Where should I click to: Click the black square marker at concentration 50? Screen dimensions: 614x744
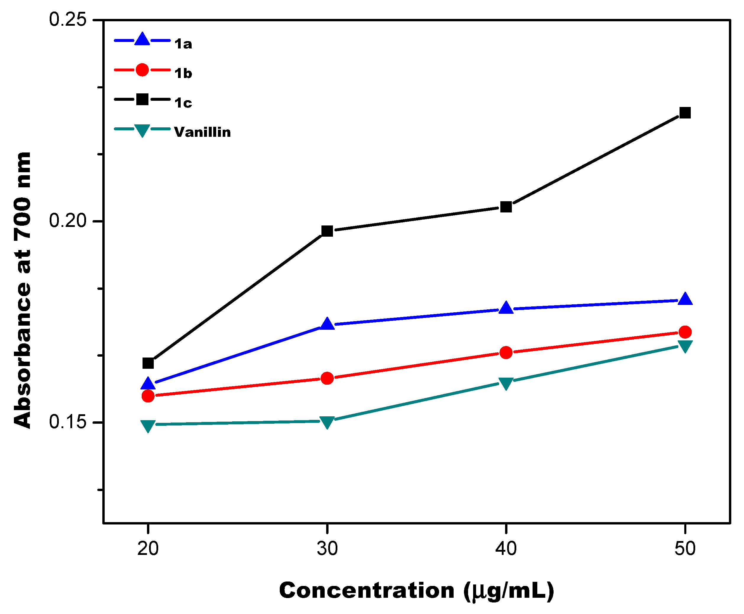[x=685, y=113]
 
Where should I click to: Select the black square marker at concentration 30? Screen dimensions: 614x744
[x=327, y=231]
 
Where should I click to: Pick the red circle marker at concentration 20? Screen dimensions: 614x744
[x=148, y=396]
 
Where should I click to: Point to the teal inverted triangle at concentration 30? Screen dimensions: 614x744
[x=327, y=422]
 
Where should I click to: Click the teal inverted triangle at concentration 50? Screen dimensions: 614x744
[x=685, y=346]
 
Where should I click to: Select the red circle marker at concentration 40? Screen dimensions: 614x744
[x=506, y=352]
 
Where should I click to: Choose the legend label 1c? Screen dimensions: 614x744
[x=183, y=103]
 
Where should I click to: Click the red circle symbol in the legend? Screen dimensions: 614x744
[x=142, y=70]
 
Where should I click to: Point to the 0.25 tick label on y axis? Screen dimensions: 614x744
[x=67, y=20]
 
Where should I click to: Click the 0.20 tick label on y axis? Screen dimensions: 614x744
[x=67, y=221]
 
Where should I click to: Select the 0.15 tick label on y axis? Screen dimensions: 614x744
[x=67, y=422]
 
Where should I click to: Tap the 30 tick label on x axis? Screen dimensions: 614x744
[x=327, y=549]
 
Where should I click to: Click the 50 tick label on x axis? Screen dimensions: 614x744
[x=685, y=549]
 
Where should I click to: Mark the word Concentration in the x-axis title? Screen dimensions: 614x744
[x=366, y=590]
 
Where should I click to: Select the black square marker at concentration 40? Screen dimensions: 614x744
[x=506, y=207]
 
